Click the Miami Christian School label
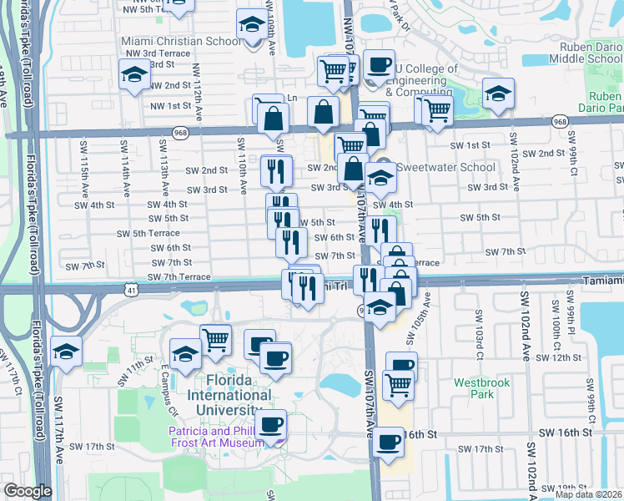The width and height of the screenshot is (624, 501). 183,40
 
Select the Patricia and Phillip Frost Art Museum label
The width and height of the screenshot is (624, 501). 216,438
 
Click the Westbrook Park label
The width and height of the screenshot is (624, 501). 476,387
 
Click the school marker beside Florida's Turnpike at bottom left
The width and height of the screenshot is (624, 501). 66,351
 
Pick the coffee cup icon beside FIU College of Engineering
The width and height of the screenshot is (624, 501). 380,63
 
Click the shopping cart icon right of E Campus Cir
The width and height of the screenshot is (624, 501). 215,338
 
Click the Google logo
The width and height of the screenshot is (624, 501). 28,491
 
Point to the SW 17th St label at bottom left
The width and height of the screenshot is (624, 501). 93,446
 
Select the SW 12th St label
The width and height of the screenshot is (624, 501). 559,357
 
